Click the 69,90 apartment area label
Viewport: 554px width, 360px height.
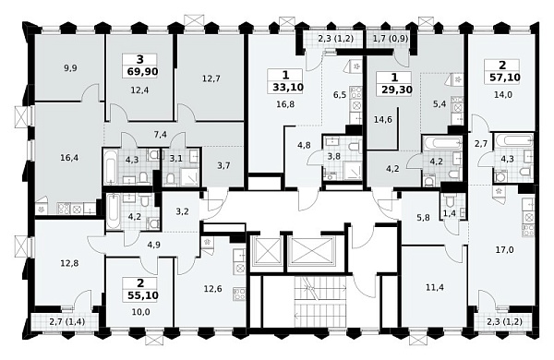142,72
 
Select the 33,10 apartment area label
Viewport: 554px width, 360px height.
288,87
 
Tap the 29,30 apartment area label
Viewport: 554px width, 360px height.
397,90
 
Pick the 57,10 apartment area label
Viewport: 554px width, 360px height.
505,77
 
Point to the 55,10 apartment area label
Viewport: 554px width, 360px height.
142,295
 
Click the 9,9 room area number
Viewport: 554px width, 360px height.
70,68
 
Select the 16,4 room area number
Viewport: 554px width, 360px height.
69,158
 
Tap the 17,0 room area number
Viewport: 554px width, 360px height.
505,250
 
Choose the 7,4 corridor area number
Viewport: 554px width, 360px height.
161,135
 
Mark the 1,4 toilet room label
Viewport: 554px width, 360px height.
450,212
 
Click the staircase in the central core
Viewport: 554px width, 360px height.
320,303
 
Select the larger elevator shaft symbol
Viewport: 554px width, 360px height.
311,251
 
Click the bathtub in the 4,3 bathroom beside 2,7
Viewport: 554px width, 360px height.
514,140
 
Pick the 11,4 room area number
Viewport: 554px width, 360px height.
435,288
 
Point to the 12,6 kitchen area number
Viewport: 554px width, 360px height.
212,289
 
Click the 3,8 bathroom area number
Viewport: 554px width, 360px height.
334,156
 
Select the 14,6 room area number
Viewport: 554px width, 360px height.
383,120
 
